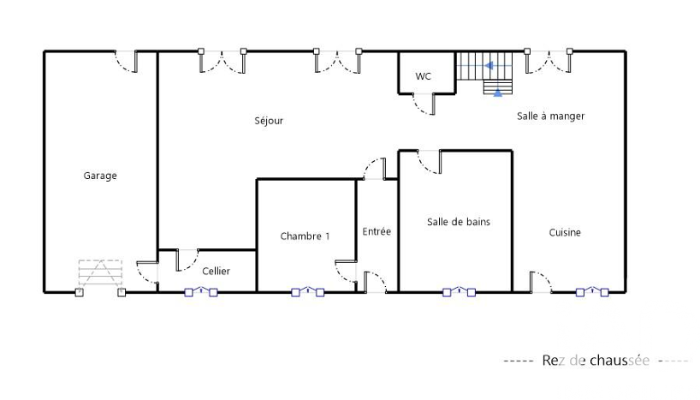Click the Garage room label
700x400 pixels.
[100, 176]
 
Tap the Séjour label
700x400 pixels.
[269, 121]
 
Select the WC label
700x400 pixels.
[424, 76]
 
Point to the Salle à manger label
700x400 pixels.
[550, 116]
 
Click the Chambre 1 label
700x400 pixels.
[305, 236]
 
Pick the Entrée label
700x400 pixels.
[377, 231]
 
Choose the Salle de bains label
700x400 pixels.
[459, 222]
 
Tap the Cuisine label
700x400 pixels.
[565, 232]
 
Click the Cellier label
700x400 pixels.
[216, 271]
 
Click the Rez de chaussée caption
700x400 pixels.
[596, 361]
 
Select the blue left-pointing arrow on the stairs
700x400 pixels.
[489, 66]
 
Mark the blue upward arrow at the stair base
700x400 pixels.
[498, 93]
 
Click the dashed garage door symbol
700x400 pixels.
[100, 273]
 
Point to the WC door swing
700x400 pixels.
[424, 104]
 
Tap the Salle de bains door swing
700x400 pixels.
[430, 162]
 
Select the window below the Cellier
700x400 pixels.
[201, 292]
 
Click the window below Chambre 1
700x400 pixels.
[307, 292]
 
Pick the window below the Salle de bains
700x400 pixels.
[459, 292]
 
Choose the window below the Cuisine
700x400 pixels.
[592, 292]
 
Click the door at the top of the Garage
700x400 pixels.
[126, 62]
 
